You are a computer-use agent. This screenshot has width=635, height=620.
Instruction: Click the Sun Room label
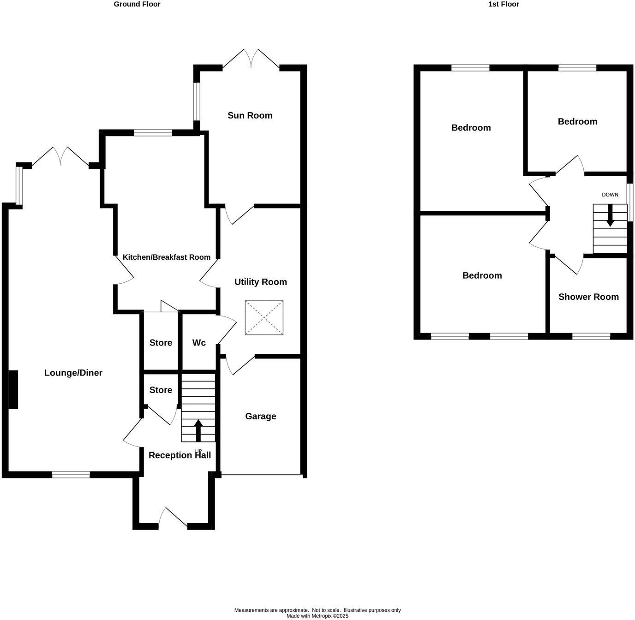tap(250, 115)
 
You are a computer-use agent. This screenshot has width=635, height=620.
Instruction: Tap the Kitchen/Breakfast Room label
tap(166, 257)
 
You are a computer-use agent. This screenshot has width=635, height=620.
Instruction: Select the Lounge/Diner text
tap(73, 373)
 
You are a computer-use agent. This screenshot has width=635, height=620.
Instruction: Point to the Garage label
tap(260, 416)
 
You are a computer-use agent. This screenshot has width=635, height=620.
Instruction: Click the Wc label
tap(199, 343)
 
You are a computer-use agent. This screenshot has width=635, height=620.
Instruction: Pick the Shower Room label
tap(588, 297)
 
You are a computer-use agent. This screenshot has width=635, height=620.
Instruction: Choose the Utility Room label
tap(260, 282)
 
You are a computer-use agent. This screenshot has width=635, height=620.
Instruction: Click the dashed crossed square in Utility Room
tap(264, 317)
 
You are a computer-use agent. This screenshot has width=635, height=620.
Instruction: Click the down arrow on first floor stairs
tap(610, 216)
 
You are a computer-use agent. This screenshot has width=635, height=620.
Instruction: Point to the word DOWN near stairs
tap(610, 195)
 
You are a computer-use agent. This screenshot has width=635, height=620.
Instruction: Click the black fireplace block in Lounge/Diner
tap(13, 389)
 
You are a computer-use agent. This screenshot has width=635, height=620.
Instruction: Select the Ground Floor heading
tap(137, 4)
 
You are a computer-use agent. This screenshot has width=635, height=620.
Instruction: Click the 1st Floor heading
tap(503, 4)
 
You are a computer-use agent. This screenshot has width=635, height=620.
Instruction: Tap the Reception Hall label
tap(180, 455)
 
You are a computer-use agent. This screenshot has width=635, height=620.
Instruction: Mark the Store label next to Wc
tap(161, 343)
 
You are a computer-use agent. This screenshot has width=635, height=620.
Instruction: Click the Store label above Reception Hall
tap(161, 390)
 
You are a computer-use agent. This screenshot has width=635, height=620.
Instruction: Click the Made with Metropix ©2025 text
tap(317, 616)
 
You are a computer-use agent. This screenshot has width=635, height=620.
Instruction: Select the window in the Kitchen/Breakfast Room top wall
tap(153, 133)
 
